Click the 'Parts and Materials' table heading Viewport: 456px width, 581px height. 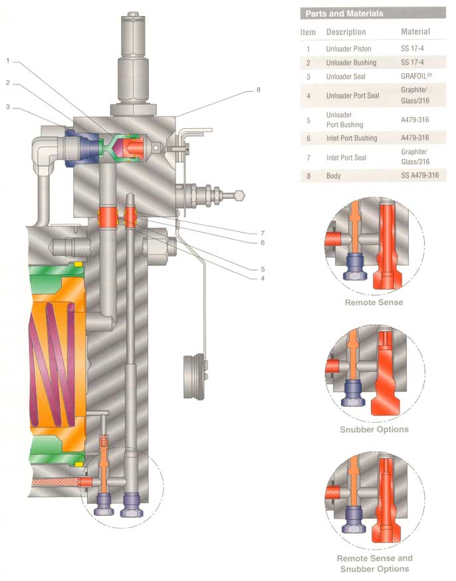[344, 14]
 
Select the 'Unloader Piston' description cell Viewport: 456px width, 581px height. [348, 49]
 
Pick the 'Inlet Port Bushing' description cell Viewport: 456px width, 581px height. [352, 138]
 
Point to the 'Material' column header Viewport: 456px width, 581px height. [415, 31]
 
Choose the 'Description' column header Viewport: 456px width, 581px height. [346, 32]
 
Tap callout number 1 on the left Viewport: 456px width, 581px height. [7, 61]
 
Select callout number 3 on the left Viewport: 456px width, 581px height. [7, 106]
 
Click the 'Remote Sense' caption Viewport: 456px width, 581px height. [374, 302]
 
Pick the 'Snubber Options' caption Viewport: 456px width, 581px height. [374, 429]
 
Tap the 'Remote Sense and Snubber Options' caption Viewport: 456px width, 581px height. [374, 563]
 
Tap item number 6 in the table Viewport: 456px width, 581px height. [308, 138]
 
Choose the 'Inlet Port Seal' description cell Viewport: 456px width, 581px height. [346, 158]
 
